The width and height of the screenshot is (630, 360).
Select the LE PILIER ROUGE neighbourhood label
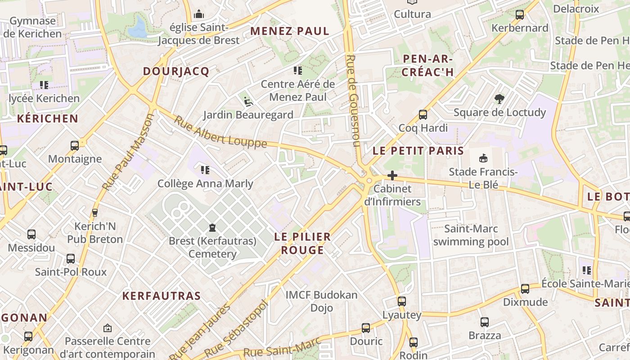(x=302, y=243)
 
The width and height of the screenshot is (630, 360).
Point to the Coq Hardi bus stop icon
(x=423, y=115)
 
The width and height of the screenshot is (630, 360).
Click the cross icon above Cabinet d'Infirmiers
(x=392, y=175)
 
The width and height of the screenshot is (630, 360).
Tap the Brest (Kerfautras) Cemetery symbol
(x=212, y=228)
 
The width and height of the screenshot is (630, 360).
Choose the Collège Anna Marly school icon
(x=205, y=170)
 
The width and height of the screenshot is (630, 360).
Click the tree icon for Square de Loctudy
(x=499, y=99)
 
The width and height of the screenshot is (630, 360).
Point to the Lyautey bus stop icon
(x=401, y=301)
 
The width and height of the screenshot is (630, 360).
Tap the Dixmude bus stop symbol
(x=525, y=289)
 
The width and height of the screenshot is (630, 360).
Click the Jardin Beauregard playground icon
(x=248, y=101)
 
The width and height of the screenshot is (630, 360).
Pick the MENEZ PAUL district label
(x=290, y=31)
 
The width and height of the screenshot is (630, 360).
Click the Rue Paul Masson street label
(x=128, y=152)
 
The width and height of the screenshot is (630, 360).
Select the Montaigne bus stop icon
(x=75, y=146)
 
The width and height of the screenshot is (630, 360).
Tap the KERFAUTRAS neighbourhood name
(x=162, y=296)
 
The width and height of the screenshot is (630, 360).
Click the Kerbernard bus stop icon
(x=520, y=15)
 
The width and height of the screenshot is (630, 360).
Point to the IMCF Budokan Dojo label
(x=322, y=301)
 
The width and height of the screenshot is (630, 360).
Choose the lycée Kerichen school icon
(x=44, y=85)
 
